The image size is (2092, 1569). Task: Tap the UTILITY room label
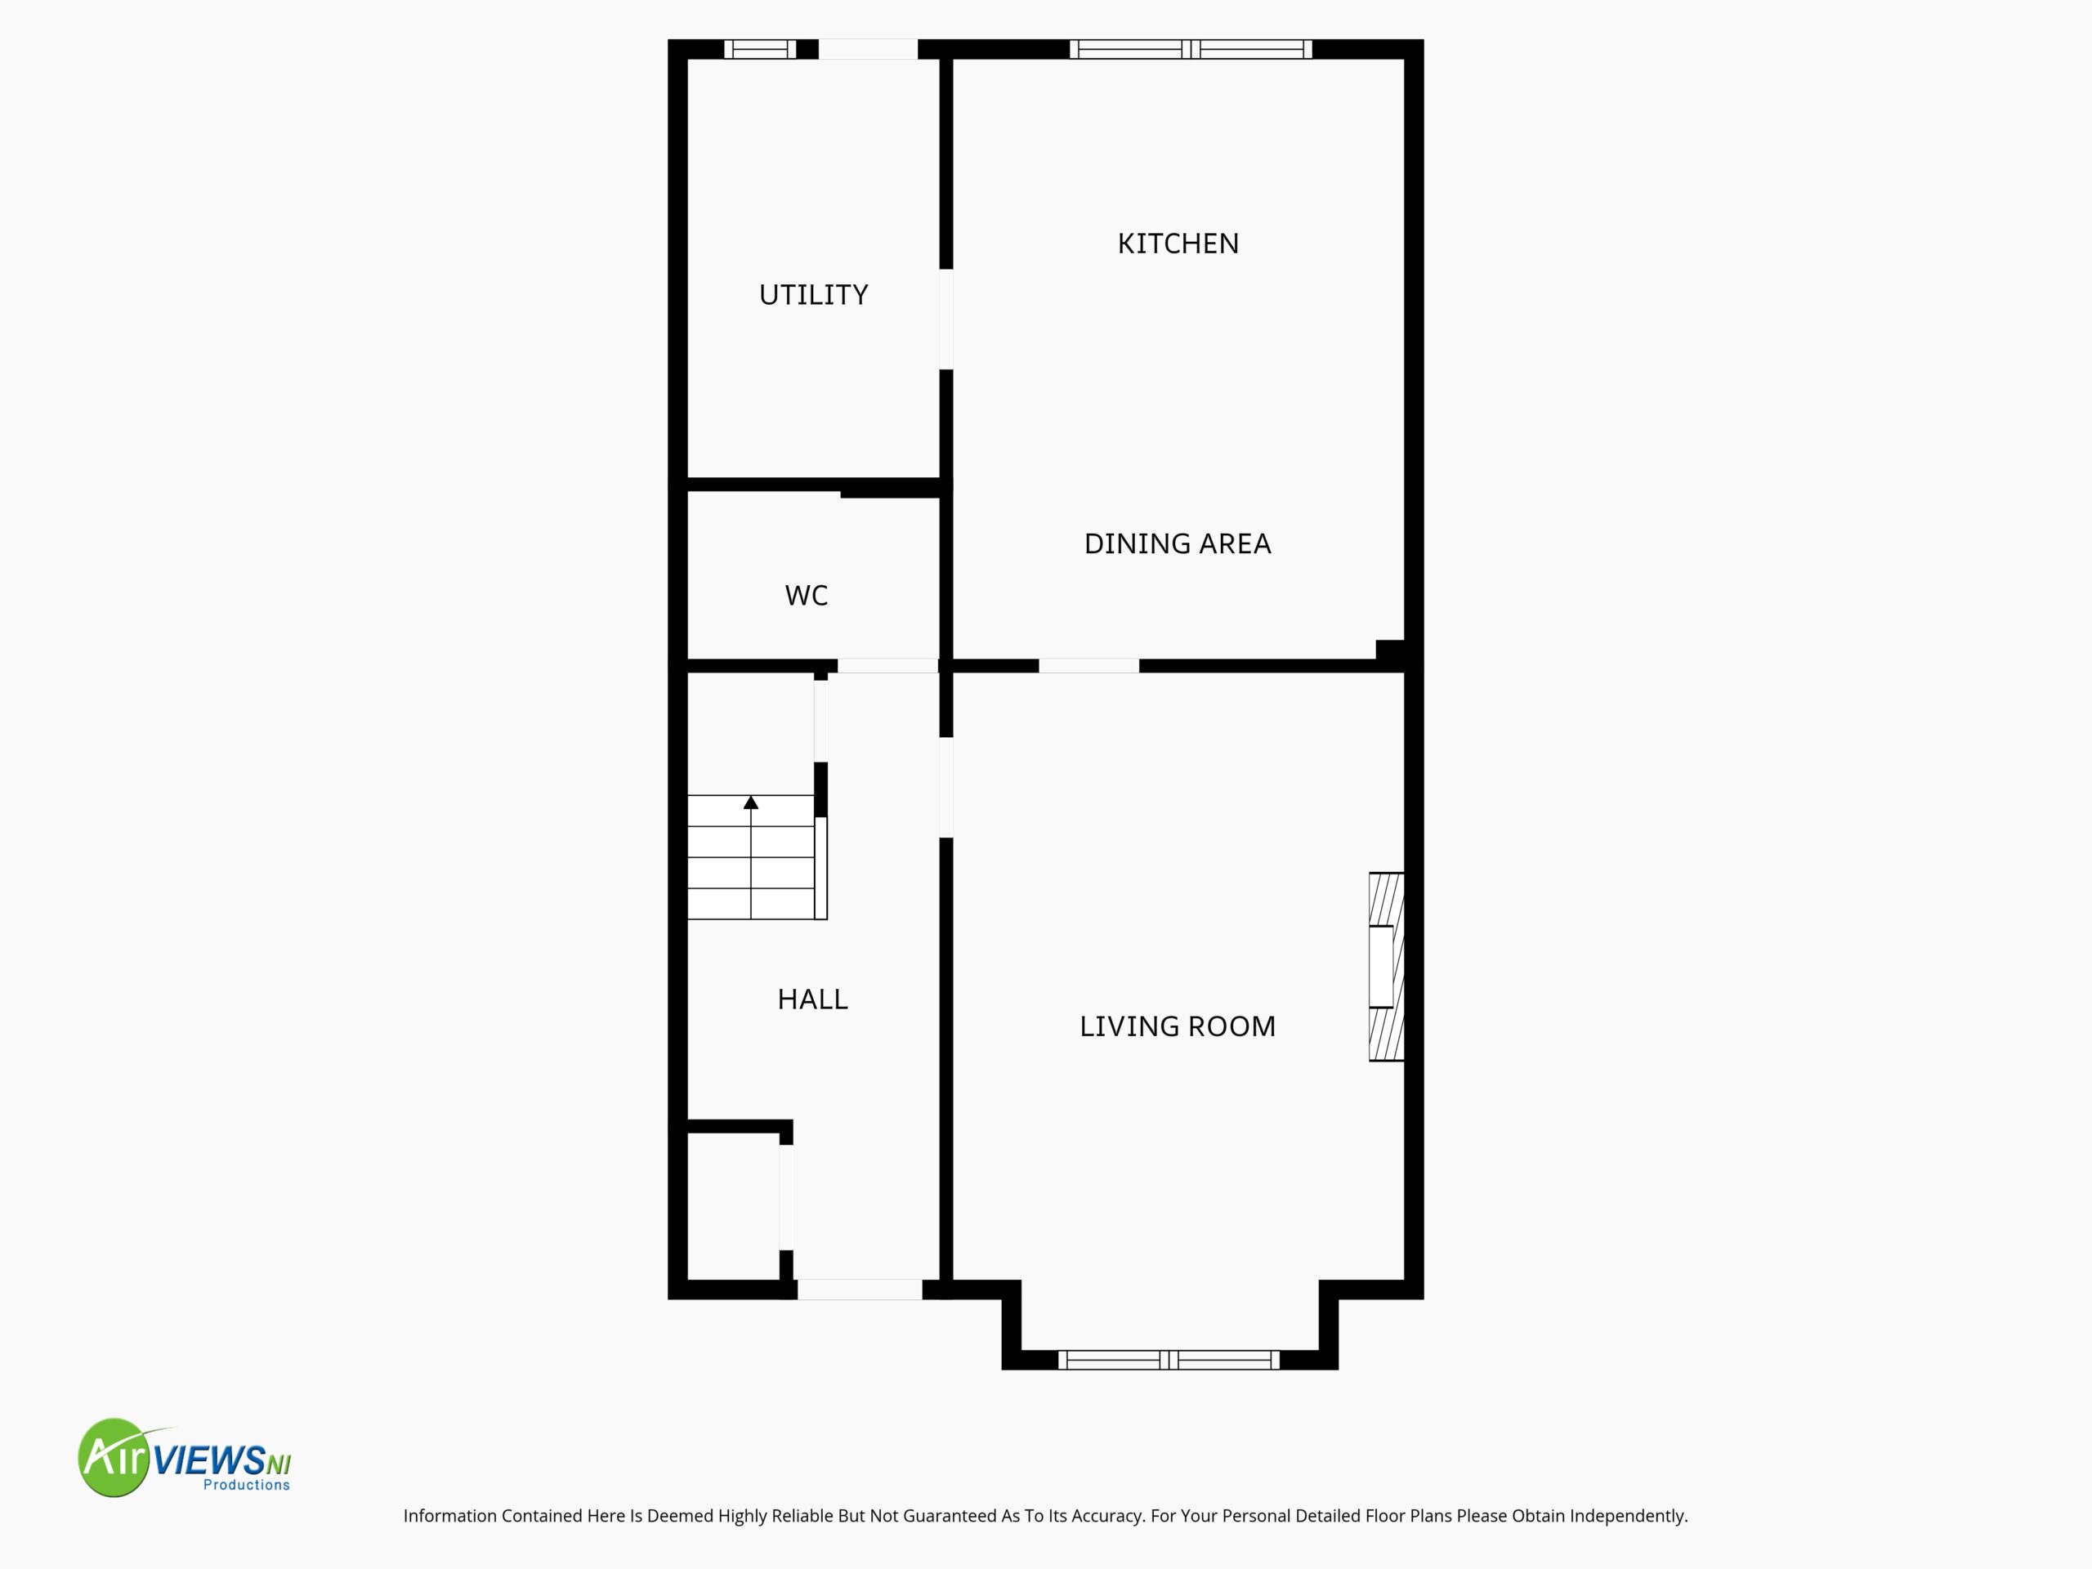813,295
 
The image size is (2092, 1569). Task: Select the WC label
807,596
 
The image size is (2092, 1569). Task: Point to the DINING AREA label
1178,543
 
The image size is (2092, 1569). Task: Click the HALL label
812,999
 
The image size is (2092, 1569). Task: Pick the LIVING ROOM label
1178,1026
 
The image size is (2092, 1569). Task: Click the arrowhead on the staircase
751,802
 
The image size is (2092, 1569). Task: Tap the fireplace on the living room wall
1387,967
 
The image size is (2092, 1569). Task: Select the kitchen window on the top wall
1191,49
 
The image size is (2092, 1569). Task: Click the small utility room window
760,49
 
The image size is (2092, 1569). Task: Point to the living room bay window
1169,1360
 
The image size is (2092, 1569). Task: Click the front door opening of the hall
860,1289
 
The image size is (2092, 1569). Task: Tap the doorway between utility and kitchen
945,320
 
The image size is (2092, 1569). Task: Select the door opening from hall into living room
945,788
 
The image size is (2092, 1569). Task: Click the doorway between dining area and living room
1088,666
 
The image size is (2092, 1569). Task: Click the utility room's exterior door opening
868,49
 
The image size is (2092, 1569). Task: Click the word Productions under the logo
247,1485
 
